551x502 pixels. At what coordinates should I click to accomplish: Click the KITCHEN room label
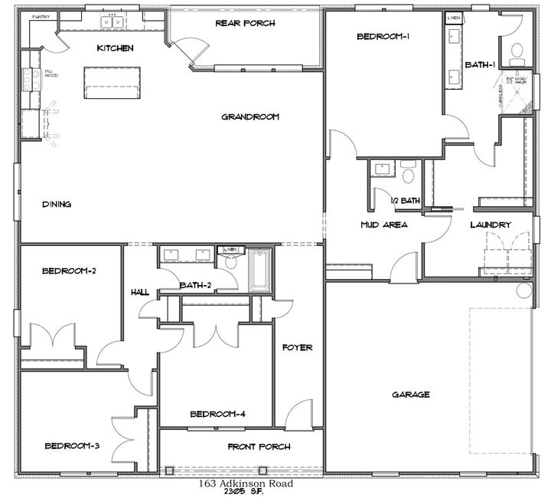click(116, 48)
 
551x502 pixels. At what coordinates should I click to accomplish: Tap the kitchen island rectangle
click(113, 82)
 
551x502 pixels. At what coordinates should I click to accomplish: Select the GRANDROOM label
click(250, 117)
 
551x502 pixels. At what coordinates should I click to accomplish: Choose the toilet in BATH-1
click(517, 51)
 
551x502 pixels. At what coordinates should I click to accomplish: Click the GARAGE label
click(410, 395)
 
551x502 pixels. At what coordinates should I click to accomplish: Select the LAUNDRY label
click(491, 225)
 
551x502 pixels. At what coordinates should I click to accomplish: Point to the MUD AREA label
click(383, 225)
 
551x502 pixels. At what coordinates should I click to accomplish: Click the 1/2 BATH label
click(406, 201)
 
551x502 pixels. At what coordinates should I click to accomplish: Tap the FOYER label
click(297, 347)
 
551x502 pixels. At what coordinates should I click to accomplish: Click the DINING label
click(57, 205)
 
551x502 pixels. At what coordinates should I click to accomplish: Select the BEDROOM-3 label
click(72, 446)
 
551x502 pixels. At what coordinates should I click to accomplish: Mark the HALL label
click(139, 292)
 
